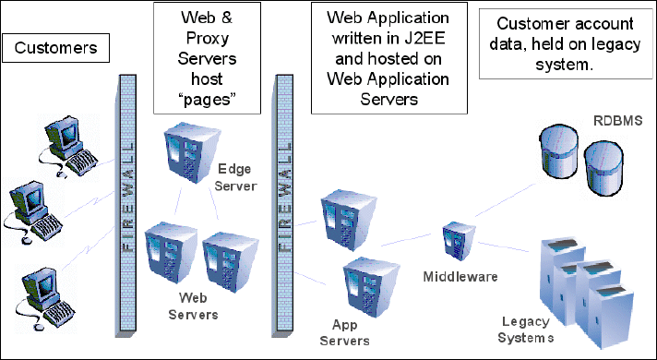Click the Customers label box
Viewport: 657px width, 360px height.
click(x=55, y=48)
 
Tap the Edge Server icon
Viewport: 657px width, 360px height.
click(x=191, y=152)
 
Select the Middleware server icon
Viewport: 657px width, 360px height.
click(x=460, y=242)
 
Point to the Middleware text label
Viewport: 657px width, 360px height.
click(x=460, y=277)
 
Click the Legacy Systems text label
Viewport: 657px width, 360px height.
click(x=526, y=330)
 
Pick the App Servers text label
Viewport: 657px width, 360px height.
click(x=344, y=332)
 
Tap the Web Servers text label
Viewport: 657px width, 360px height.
click(x=193, y=306)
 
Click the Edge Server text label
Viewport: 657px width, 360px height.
click(x=235, y=177)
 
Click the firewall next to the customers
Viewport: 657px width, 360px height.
click(x=125, y=206)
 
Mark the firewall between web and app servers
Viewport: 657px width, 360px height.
click(x=283, y=206)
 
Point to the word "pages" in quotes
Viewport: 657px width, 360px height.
click(x=207, y=100)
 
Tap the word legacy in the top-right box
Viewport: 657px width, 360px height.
click(x=617, y=44)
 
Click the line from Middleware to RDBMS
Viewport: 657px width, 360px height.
click(x=506, y=199)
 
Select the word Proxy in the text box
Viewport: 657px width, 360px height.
click(x=208, y=39)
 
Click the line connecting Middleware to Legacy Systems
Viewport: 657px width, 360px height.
click(x=504, y=246)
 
